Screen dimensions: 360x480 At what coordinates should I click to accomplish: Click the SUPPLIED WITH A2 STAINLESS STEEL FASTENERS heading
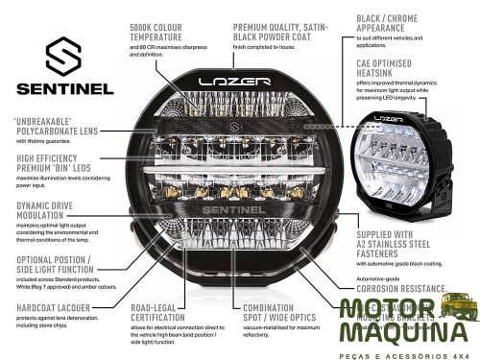(398, 244)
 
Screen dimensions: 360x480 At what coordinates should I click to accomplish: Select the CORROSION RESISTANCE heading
(400, 287)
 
